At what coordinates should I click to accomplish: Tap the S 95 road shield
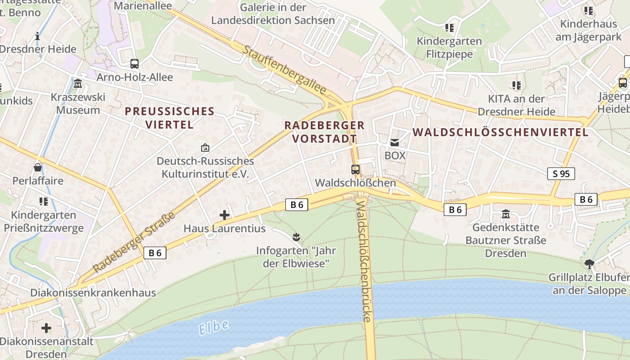[x=561, y=174]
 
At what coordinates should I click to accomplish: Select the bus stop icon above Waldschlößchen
[x=355, y=170]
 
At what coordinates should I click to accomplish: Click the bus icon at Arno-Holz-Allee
[x=134, y=64]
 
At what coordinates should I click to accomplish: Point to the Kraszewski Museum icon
[x=78, y=84]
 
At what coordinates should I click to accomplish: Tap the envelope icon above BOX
[x=395, y=143]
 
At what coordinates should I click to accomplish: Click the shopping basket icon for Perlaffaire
[x=38, y=167]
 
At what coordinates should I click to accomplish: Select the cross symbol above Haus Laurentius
[x=224, y=215]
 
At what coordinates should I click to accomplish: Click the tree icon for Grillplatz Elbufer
[x=589, y=264]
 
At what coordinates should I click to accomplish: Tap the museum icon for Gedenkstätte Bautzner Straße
[x=505, y=214]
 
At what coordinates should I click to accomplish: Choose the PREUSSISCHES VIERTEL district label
[x=169, y=118]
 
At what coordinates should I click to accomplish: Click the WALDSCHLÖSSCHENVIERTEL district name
[x=500, y=132]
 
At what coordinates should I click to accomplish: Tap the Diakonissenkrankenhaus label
[x=93, y=292]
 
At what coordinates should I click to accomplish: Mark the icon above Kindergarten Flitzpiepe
[x=449, y=28]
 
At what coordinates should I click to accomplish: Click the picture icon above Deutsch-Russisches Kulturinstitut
[x=205, y=148]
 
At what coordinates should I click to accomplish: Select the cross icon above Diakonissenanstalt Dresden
[x=46, y=328]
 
